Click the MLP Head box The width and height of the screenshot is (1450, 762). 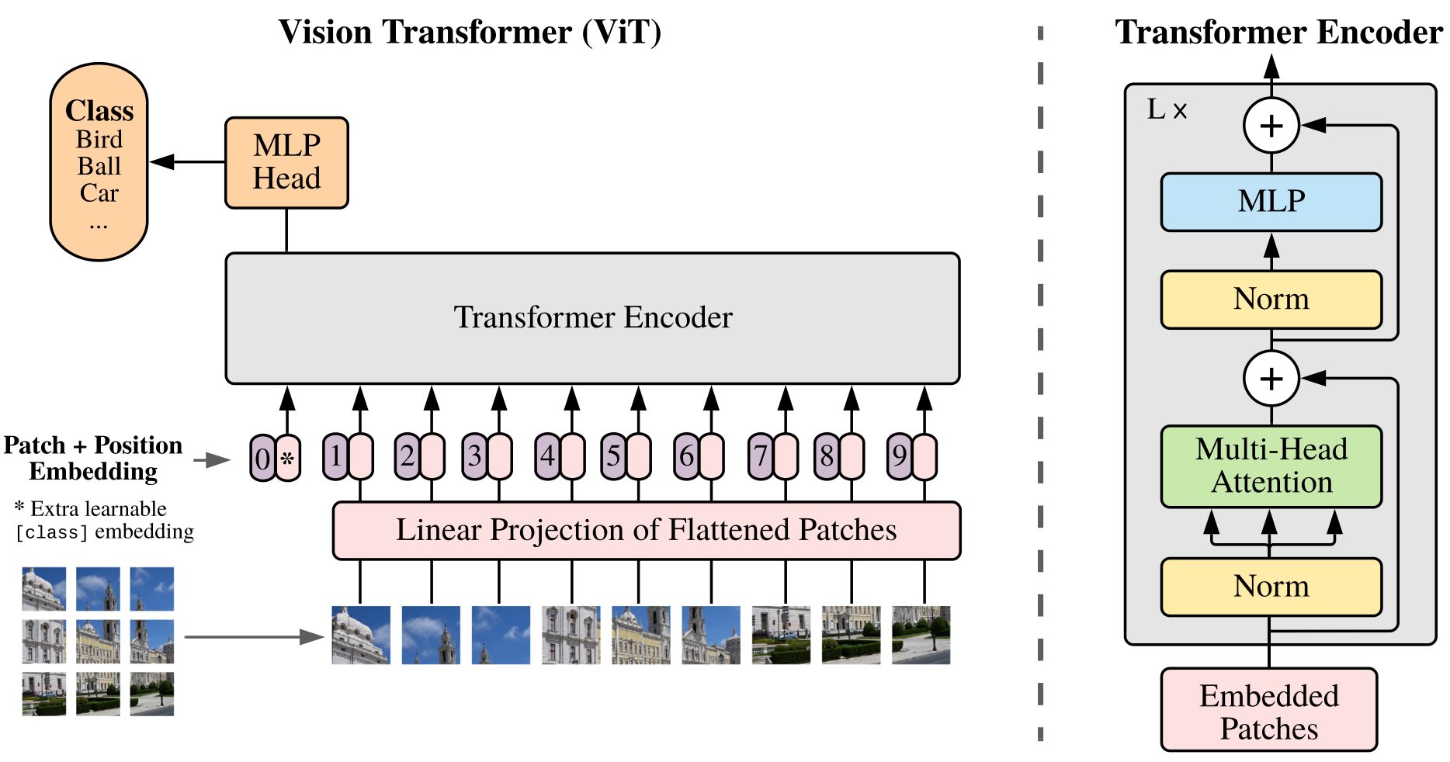click(286, 163)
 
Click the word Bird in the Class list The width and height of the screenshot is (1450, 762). click(99, 140)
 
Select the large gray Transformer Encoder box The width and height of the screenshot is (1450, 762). click(592, 318)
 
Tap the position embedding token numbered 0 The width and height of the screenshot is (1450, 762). click(262, 458)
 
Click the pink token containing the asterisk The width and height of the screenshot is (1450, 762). click(288, 458)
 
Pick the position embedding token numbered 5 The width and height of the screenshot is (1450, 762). click(613, 456)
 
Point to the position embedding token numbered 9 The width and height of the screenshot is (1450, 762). click(899, 456)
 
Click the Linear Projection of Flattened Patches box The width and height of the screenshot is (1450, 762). click(646, 530)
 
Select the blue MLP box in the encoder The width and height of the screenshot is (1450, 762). click(1271, 202)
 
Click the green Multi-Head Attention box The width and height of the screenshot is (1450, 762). click(1271, 466)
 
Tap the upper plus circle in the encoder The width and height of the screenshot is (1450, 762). click(1271, 126)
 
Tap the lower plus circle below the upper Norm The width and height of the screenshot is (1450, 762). click(1271, 379)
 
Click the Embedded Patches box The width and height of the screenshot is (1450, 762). click(1268, 711)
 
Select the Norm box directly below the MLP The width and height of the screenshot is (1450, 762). click(1271, 299)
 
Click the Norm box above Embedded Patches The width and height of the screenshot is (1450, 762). click(1271, 586)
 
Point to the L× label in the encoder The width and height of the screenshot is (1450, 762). click(1167, 110)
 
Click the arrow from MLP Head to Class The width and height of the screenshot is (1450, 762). click(186, 162)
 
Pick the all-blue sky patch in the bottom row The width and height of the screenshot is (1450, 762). click(501, 635)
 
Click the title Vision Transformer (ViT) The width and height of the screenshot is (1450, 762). click(470, 33)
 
